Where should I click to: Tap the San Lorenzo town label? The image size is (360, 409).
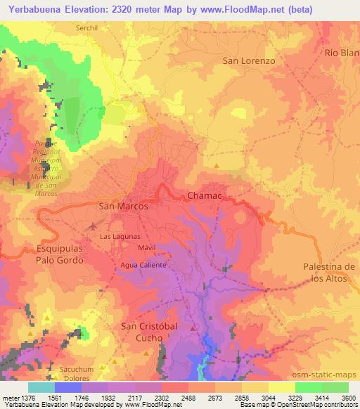(x=248, y=60)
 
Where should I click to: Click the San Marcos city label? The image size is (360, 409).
(x=123, y=207)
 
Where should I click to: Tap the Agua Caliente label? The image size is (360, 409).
(x=143, y=265)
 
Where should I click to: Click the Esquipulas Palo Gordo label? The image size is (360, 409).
(x=60, y=254)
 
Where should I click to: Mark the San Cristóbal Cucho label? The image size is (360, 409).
(x=143, y=332)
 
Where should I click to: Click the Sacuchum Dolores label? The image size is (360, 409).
(x=77, y=372)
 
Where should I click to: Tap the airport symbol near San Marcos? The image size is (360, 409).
(x=94, y=226)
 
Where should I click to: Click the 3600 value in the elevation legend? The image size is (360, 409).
(x=349, y=398)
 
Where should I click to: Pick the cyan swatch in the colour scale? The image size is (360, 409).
(x=42, y=387)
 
